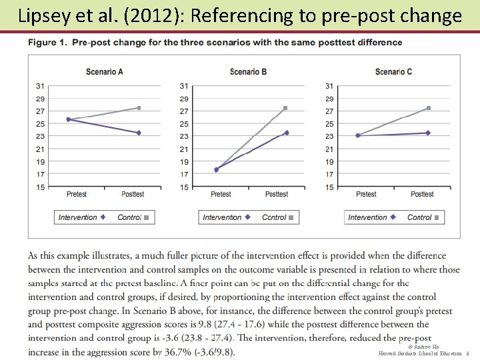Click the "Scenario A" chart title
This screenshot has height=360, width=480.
click(x=105, y=72)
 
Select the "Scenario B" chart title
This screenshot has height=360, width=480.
click(x=248, y=72)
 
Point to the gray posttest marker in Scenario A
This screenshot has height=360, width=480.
click(x=139, y=107)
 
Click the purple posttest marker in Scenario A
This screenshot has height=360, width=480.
click(x=139, y=133)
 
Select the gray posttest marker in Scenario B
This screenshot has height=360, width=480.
click(x=285, y=107)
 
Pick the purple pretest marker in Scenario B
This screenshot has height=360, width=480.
click(x=216, y=170)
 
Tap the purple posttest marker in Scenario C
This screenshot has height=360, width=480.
click(x=428, y=133)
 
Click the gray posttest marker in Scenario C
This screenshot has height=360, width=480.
click(x=428, y=107)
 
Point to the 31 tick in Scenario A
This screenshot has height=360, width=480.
click(x=40, y=86)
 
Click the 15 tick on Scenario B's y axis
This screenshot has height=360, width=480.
click(x=184, y=187)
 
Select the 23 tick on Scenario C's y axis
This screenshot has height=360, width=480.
click(x=329, y=137)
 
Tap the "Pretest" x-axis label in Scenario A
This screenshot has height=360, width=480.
click(x=77, y=195)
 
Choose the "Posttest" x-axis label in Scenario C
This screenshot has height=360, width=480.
click(x=422, y=195)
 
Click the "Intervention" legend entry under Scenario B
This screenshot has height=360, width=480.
click(x=223, y=217)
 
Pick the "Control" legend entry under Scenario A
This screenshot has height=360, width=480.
click(x=129, y=217)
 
